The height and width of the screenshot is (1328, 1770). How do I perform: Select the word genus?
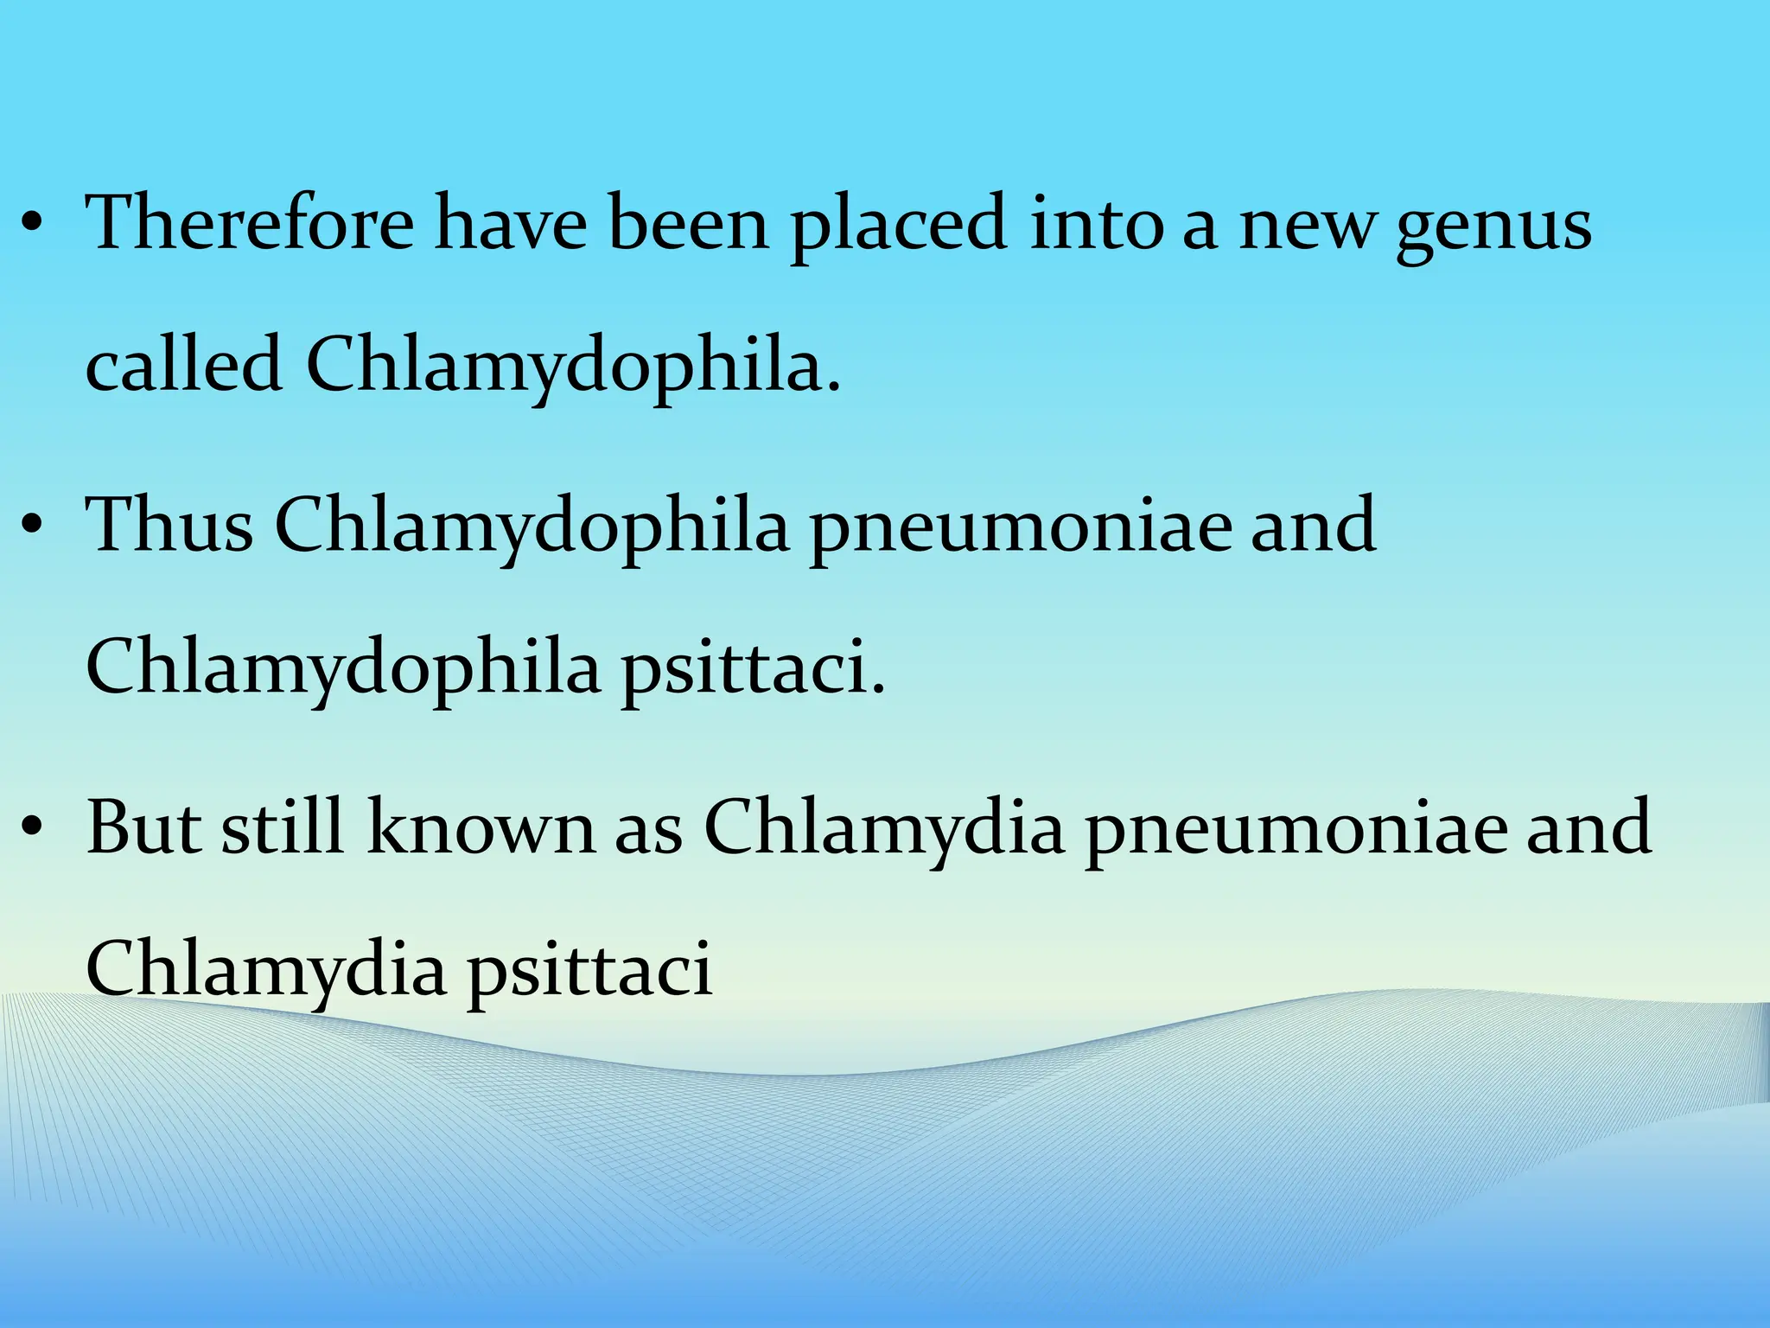(1494, 227)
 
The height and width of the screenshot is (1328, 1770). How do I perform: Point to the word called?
(184, 364)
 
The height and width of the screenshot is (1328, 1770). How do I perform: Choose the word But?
(143, 827)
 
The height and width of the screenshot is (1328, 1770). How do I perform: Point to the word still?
(283, 827)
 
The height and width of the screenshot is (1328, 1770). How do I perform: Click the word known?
(481, 827)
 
